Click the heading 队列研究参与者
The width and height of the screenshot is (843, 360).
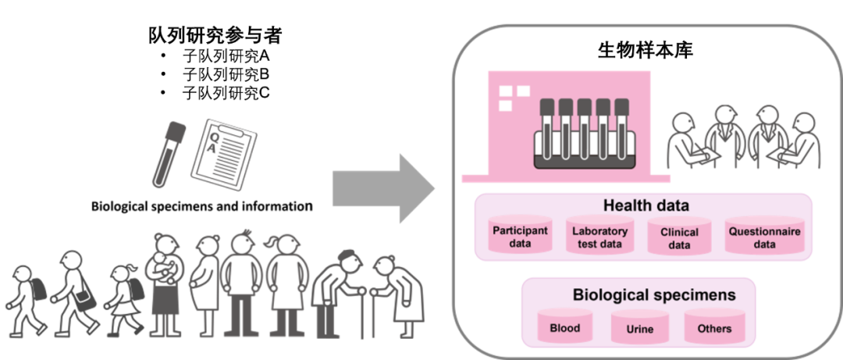(x=215, y=35)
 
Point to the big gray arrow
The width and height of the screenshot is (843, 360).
(x=382, y=189)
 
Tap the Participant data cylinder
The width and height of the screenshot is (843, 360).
(x=520, y=237)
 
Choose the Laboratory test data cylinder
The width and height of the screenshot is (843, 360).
(x=599, y=237)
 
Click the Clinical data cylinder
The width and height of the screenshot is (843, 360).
(x=679, y=237)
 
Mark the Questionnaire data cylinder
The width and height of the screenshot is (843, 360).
(x=764, y=237)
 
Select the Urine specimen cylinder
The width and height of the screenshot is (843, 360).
(x=640, y=329)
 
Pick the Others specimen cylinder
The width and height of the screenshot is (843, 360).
(x=714, y=328)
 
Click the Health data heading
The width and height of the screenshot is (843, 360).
(x=646, y=206)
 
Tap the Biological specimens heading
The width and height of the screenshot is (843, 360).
(x=653, y=295)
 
